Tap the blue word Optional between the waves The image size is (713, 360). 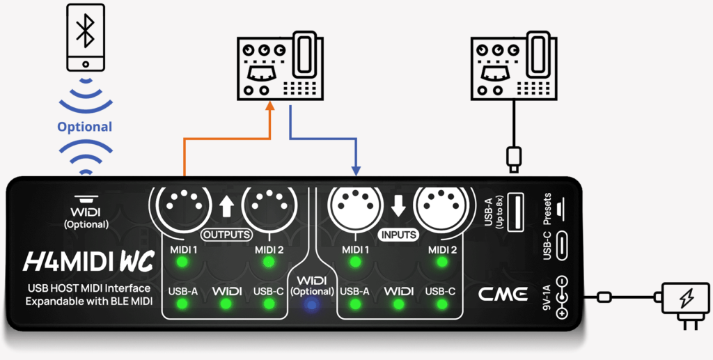(x=84, y=127)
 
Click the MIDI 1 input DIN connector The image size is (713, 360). (x=355, y=204)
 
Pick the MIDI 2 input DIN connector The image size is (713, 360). (x=441, y=204)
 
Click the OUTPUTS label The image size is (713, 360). (x=226, y=235)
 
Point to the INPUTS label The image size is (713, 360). (x=398, y=235)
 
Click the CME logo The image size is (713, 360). (x=503, y=294)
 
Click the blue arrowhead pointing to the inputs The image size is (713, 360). (x=356, y=171)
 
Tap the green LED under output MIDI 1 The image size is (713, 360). (x=182, y=262)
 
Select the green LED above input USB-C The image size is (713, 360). (x=441, y=304)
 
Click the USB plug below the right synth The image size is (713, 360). (x=514, y=159)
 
